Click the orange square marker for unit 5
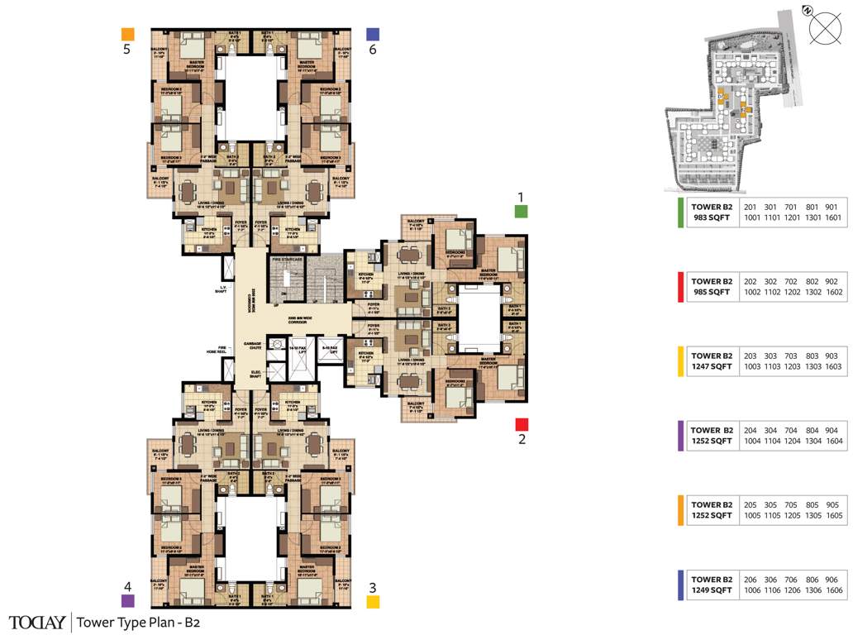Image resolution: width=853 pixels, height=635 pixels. coord(127,34)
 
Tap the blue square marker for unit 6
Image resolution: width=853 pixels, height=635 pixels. coord(373,34)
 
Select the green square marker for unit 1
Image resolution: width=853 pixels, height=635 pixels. coord(521,211)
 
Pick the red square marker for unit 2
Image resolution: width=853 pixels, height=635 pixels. coord(522,424)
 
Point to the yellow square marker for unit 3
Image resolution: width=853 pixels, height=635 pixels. coord(373,602)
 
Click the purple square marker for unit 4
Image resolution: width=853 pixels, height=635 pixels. coord(127,601)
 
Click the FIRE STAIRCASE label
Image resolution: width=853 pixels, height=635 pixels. coord(288,260)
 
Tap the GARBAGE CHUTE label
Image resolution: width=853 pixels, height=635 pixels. coord(253,346)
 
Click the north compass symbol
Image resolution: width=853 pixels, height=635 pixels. coord(824,27)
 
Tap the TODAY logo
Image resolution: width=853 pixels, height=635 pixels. coord(37,622)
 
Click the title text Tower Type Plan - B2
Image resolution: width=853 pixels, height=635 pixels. coord(138,622)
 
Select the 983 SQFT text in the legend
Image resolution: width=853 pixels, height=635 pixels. coord(711,217)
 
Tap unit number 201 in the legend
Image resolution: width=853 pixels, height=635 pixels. coord(751,207)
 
